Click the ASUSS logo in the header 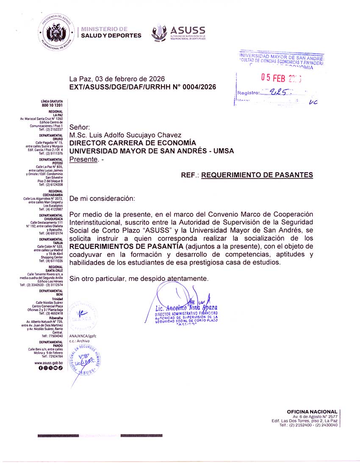pos(178,32)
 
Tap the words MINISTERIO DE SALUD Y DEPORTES pos(111,32)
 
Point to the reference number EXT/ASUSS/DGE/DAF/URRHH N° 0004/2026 pos(143,87)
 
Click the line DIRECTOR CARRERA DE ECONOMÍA pos(133,143)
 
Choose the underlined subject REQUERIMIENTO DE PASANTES pos(257,175)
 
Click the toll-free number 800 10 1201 pos(52,105)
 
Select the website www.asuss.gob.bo pos(49,363)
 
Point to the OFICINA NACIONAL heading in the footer pos(312,411)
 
